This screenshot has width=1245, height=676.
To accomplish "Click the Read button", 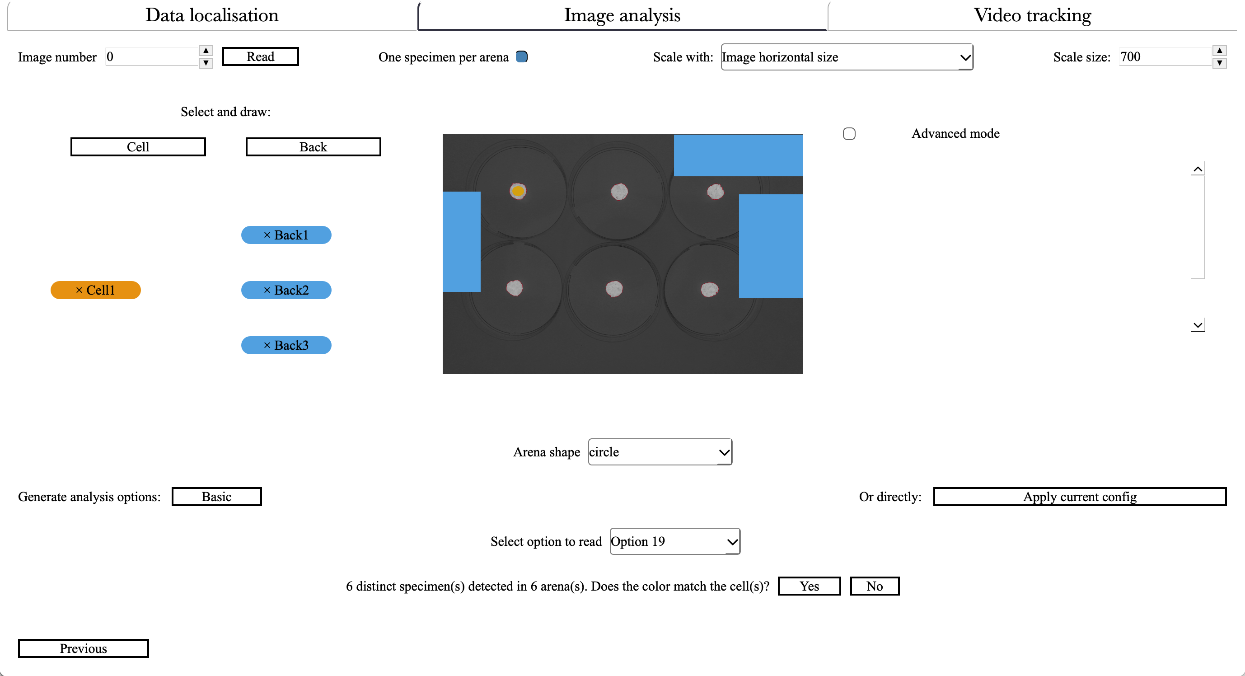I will pyautogui.click(x=260, y=56).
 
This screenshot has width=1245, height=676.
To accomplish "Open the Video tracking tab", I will pyautogui.click(x=1032, y=15).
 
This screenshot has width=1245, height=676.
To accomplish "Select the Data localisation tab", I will pyautogui.click(x=212, y=15).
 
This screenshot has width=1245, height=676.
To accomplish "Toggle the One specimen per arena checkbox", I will pyautogui.click(x=521, y=56).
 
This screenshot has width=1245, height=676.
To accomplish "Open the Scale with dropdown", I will pyautogui.click(x=846, y=57).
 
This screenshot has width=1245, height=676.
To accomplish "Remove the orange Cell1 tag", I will pyautogui.click(x=79, y=290).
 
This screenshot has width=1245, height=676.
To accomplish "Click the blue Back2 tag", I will pyautogui.click(x=286, y=290).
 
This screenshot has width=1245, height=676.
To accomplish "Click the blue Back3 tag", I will pyautogui.click(x=286, y=345).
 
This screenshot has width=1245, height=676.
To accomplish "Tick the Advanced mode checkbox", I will pyautogui.click(x=849, y=134).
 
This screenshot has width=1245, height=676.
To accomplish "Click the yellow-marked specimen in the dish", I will pyautogui.click(x=518, y=191).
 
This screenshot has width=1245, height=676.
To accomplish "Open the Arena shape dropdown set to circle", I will pyautogui.click(x=659, y=452).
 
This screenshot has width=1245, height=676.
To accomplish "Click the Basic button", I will pyautogui.click(x=216, y=497).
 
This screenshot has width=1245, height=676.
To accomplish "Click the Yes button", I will pyautogui.click(x=809, y=586).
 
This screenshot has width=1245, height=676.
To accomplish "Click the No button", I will pyautogui.click(x=874, y=586).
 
